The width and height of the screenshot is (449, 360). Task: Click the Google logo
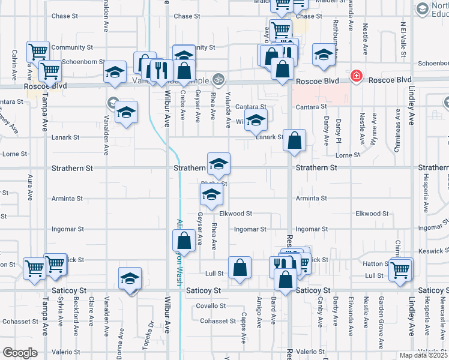19,353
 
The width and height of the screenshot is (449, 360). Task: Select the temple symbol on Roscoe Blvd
218,79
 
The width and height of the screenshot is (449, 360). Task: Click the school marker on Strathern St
218,163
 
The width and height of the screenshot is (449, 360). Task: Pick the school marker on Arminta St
211,194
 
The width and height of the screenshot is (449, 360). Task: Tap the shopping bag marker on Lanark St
294,142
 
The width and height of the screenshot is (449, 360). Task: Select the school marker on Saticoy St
130,279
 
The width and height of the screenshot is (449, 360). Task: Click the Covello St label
211,305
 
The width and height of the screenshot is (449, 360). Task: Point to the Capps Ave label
244,328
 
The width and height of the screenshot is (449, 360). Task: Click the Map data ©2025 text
424,355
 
